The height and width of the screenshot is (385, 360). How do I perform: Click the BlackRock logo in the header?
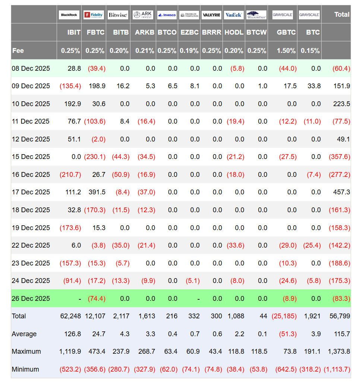[69, 15]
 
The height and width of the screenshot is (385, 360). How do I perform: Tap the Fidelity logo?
[94, 15]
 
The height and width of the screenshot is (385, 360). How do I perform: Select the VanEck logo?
[234, 15]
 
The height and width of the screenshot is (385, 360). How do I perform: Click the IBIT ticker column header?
[74, 32]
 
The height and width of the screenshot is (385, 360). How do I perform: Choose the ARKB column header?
[145, 32]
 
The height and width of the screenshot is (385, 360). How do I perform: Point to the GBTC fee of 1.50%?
[286, 51]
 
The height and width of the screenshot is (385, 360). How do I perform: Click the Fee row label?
[18, 51]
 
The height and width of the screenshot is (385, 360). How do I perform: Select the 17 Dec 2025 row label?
[31, 192]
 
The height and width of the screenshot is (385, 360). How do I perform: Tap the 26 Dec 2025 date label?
[31, 299]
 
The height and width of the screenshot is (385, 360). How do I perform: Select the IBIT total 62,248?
[70, 316]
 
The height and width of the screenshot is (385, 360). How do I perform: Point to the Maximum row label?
[26, 351]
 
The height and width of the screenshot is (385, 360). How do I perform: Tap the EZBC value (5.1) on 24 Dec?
[192, 281]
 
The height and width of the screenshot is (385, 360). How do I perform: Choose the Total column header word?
[342, 15]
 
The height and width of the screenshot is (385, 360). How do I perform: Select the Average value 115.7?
[342, 334]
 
